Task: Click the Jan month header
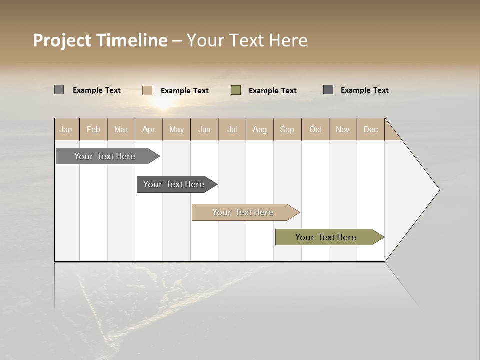(66, 129)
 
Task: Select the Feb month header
(93, 129)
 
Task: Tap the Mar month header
(121, 129)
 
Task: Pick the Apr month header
(149, 129)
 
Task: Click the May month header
(176, 129)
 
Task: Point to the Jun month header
(204, 129)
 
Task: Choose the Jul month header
(232, 129)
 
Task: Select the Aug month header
(260, 129)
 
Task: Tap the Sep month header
(287, 129)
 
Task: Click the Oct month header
(315, 129)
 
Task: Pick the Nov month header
(343, 129)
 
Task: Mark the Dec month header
(371, 129)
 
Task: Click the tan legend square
(147, 90)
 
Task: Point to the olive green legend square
(236, 90)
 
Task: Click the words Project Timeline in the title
(100, 40)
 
